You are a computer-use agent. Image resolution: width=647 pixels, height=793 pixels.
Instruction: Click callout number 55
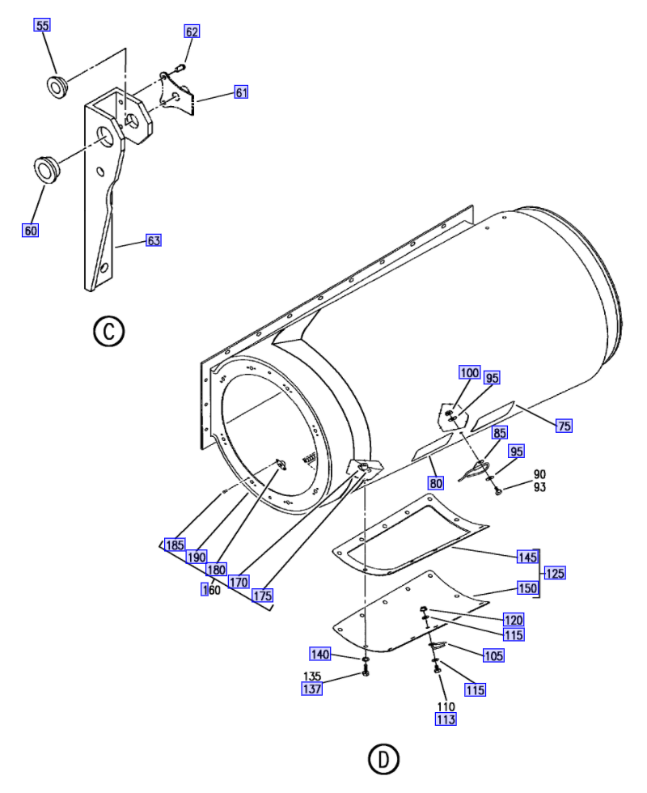(x=42, y=25)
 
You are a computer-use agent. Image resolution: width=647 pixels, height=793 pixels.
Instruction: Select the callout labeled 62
(x=192, y=32)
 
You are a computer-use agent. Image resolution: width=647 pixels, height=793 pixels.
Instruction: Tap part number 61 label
(x=242, y=92)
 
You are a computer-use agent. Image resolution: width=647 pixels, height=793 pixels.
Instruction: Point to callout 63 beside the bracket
(x=154, y=240)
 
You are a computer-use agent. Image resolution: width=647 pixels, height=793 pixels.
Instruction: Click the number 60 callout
(x=31, y=230)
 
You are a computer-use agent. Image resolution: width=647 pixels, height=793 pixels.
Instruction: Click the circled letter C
(x=109, y=332)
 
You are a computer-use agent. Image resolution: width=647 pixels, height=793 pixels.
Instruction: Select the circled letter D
(x=384, y=759)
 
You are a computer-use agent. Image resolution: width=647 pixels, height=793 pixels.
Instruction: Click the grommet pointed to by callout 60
(x=47, y=169)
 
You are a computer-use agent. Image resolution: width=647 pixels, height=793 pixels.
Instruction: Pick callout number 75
(x=565, y=426)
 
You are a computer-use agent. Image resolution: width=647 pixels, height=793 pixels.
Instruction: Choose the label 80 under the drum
(x=436, y=483)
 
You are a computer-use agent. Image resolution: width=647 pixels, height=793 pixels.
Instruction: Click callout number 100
(x=470, y=372)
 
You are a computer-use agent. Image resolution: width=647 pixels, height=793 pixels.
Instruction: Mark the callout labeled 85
(x=500, y=433)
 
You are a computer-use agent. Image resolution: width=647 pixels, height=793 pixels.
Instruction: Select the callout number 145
(x=527, y=557)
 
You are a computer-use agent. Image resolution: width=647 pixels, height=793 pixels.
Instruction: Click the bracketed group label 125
(x=555, y=573)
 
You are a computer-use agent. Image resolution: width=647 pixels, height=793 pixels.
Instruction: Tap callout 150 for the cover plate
(x=527, y=587)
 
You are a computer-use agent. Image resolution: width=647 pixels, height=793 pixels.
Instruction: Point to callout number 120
(x=514, y=620)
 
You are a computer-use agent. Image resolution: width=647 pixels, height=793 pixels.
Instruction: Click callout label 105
(x=493, y=655)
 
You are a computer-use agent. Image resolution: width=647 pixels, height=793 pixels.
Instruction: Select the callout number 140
(x=320, y=654)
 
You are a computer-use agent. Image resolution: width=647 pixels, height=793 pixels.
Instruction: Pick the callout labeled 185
(x=175, y=545)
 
